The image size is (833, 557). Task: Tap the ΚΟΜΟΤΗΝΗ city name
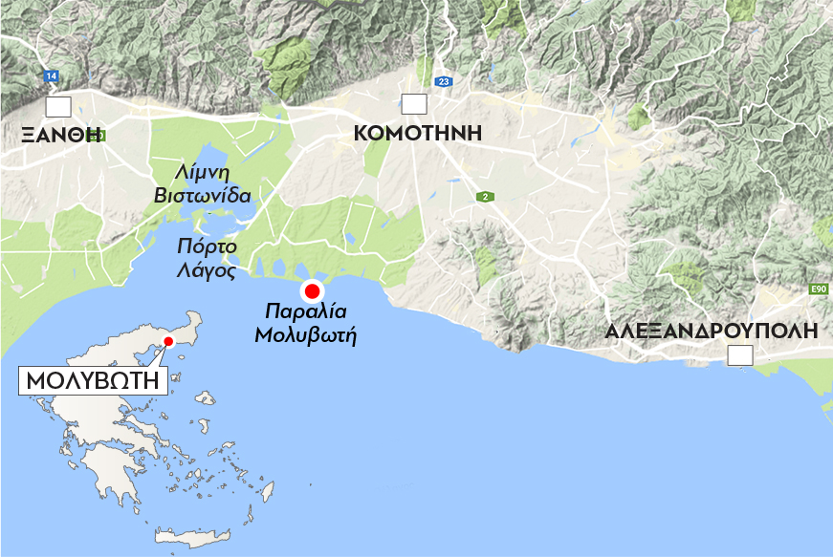pyautogui.click(x=417, y=133)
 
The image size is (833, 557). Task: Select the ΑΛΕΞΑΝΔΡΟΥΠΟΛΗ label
pyautogui.click(x=712, y=332)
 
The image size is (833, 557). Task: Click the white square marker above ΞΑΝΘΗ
pyautogui.click(x=58, y=106)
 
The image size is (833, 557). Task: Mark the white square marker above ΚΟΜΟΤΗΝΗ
pyautogui.click(x=414, y=104)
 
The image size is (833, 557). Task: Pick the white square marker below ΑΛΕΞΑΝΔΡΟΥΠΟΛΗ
pyautogui.click(x=740, y=356)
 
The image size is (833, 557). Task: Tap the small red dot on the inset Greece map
pyautogui.click(x=167, y=341)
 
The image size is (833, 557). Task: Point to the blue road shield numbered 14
pyautogui.click(x=51, y=75)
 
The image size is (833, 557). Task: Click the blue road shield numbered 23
pyautogui.click(x=442, y=82)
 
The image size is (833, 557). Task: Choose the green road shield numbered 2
pyautogui.click(x=486, y=197)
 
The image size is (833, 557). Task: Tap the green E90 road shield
pyautogui.click(x=817, y=289)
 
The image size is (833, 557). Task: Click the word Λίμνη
pyautogui.click(x=202, y=172)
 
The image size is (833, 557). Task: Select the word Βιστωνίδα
pyautogui.click(x=203, y=196)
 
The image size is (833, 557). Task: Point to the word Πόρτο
pyautogui.click(x=205, y=246)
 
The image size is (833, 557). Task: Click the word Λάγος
pyautogui.click(x=205, y=269)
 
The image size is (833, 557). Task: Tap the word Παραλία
pyautogui.click(x=305, y=311)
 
